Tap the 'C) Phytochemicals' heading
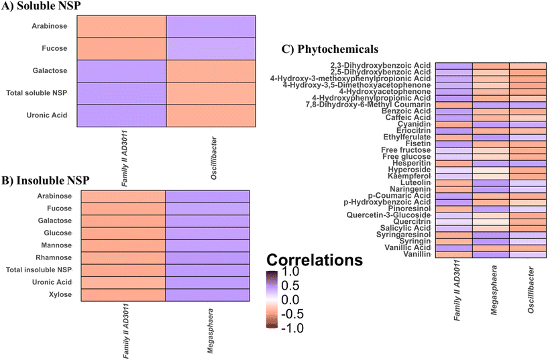[x=331, y=49]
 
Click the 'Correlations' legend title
[x=317, y=259]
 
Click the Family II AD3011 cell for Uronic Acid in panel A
[x=121, y=114]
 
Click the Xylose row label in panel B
[x=58, y=295]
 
